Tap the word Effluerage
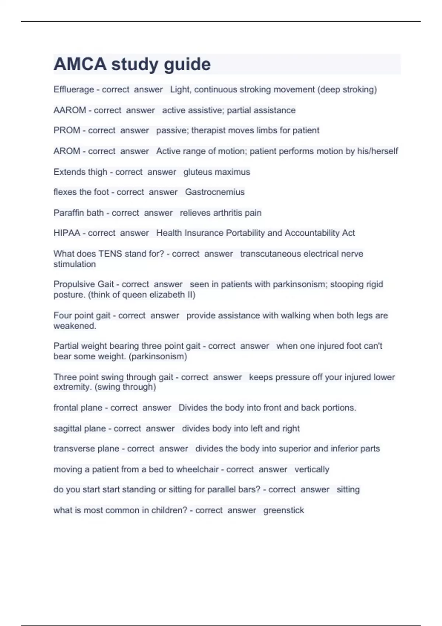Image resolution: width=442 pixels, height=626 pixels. point(74,89)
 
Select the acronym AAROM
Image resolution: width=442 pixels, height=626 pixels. point(70,110)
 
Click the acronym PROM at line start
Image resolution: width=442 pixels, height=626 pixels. point(67,130)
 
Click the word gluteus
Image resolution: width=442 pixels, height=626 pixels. point(197,172)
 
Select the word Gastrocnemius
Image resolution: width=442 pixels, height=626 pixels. point(215,192)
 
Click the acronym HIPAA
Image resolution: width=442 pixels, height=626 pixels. point(67,233)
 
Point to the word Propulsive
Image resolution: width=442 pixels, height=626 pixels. point(74,284)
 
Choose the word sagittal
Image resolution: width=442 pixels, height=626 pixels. point(67,429)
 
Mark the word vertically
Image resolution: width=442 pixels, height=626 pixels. point(312,469)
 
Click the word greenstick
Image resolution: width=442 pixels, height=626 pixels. point(284,510)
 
